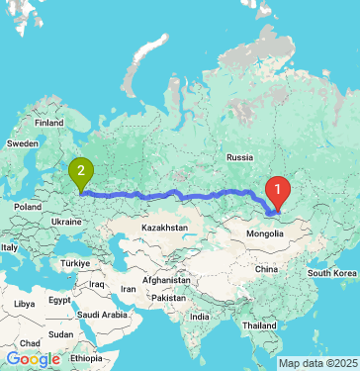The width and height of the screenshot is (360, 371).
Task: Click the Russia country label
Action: point(240,157)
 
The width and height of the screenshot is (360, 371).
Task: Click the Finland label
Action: point(48,123)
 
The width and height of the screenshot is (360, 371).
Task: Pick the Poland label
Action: point(28,207)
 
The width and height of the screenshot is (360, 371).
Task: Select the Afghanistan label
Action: point(164,280)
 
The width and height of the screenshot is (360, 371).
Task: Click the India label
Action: point(199,317)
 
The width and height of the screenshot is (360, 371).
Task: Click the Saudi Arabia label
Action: point(103,316)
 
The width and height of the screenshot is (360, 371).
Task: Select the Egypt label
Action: point(58,300)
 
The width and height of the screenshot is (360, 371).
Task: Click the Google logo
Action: point(33,359)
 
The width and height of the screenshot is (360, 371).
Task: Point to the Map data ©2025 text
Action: point(317,363)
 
